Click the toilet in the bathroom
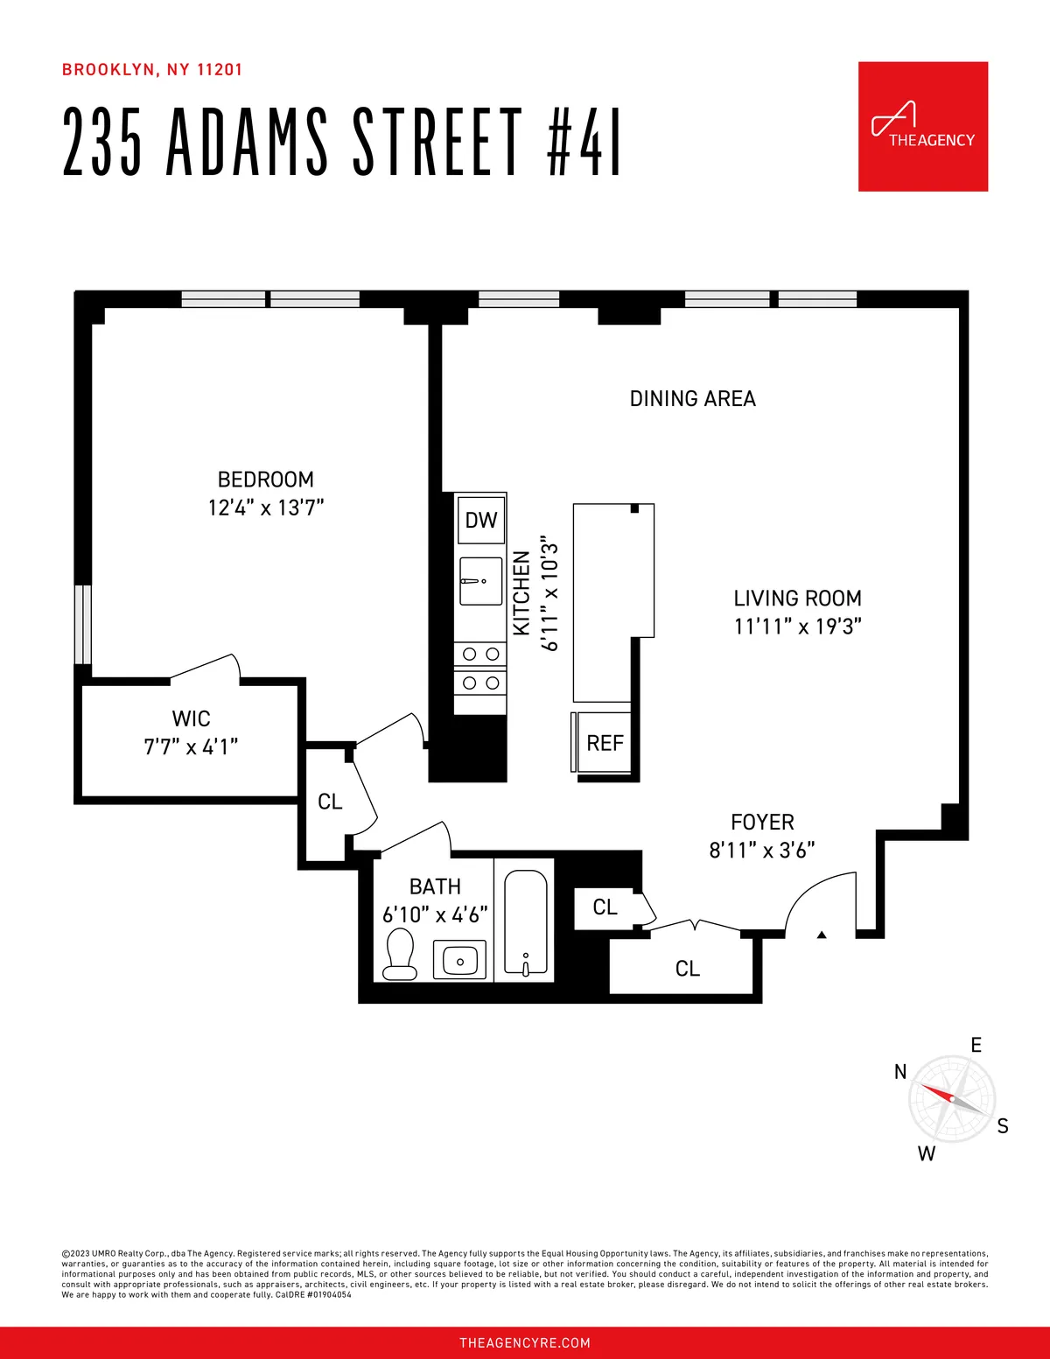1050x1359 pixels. click(400, 954)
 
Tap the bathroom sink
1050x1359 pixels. click(460, 961)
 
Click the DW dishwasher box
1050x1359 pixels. click(480, 521)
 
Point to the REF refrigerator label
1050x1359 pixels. click(605, 744)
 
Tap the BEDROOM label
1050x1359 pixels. click(265, 480)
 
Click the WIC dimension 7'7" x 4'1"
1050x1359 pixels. click(191, 746)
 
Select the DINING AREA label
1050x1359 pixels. click(692, 399)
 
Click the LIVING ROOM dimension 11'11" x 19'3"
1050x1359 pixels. click(797, 627)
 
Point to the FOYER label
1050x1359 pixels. click(762, 823)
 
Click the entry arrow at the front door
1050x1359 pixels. click(822, 935)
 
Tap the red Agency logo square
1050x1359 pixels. click(922, 126)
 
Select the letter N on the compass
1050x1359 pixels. click(900, 1072)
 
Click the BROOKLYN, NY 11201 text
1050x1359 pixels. click(152, 70)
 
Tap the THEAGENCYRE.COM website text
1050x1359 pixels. click(525, 1342)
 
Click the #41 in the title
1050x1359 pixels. click(584, 143)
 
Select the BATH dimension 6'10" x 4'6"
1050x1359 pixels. click(435, 915)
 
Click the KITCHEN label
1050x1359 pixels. click(521, 593)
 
